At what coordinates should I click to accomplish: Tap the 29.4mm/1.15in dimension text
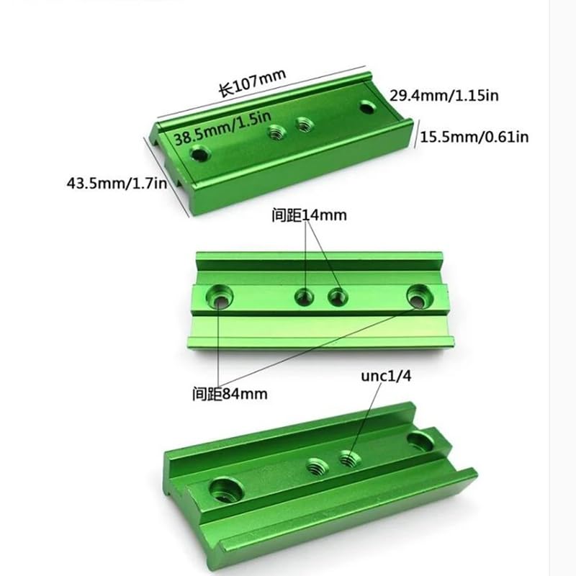(x=444, y=96)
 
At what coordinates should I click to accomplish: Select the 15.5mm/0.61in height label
(x=474, y=137)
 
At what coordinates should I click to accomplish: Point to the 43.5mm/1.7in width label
(x=117, y=183)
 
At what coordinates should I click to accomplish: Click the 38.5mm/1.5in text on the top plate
(x=222, y=127)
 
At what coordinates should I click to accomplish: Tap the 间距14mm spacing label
(x=309, y=215)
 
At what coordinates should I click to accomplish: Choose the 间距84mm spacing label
(x=230, y=394)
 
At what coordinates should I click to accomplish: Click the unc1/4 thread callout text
(x=386, y=376)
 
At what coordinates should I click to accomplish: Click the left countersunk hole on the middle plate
(x=220, y=297)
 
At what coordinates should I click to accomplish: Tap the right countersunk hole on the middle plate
(x=420, y=297)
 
